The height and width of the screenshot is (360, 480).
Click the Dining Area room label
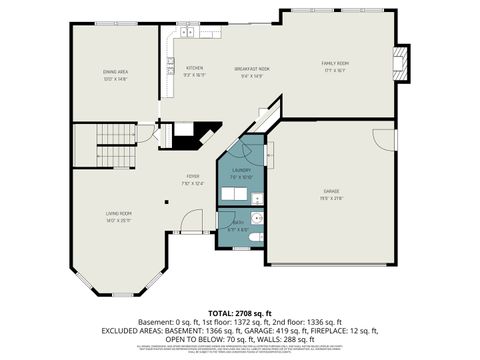115,71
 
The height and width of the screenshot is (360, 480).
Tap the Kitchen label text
194,68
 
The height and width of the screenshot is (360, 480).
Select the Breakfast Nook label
252,68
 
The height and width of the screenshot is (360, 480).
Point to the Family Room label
334,63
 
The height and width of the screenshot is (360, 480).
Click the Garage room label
331,190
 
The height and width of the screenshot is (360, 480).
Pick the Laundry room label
241,171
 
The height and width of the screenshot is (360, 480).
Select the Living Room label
119,213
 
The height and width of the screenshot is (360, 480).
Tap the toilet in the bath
257,236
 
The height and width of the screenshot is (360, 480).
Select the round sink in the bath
256,218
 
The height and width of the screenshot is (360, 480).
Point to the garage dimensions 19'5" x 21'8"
331,197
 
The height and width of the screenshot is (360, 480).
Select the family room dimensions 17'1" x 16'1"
334,70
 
